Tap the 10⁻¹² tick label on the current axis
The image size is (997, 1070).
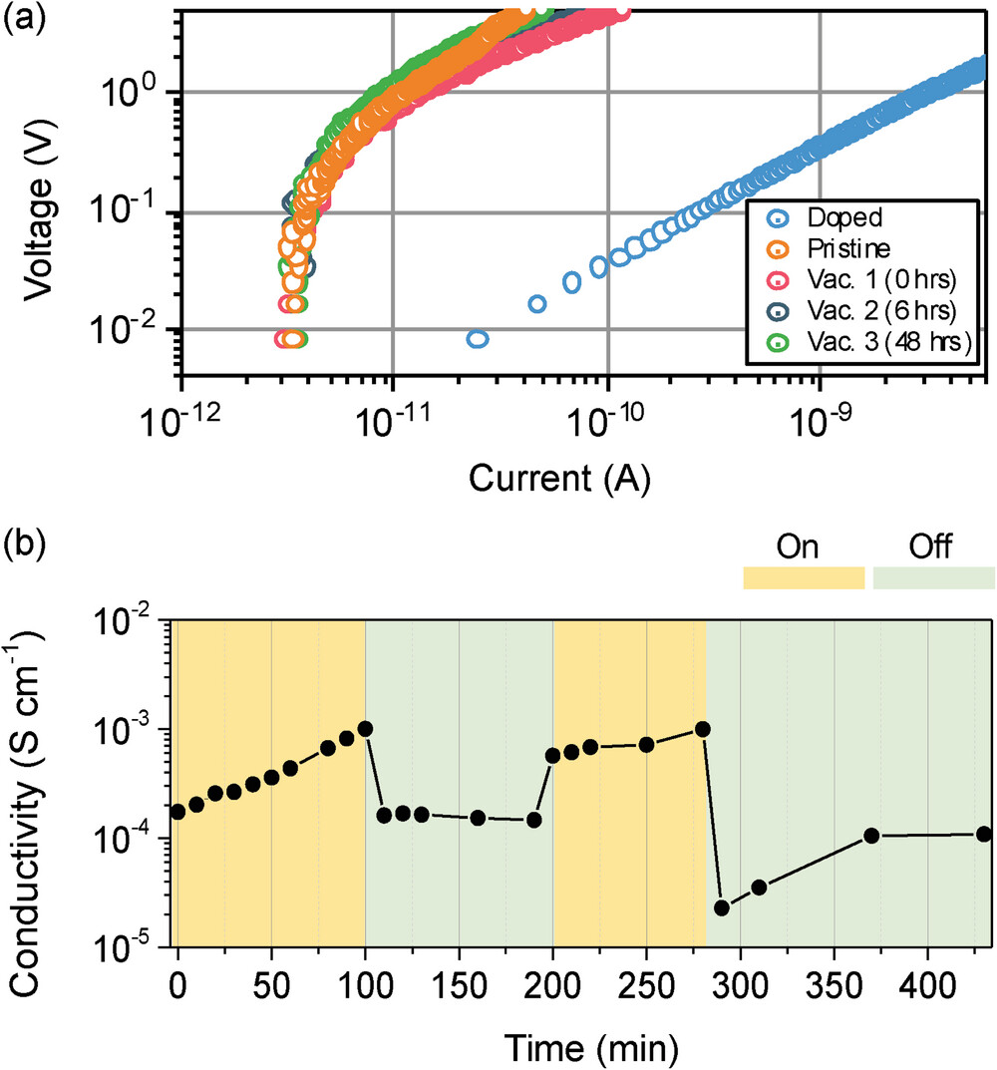coord(181,423)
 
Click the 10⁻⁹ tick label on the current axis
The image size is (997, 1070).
coord(821,423)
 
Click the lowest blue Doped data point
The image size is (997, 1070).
coord(477,340)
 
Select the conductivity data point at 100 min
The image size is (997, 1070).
coord(365,729)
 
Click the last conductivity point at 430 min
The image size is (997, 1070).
coord(984,834)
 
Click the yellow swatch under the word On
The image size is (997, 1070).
coord(804,578)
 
